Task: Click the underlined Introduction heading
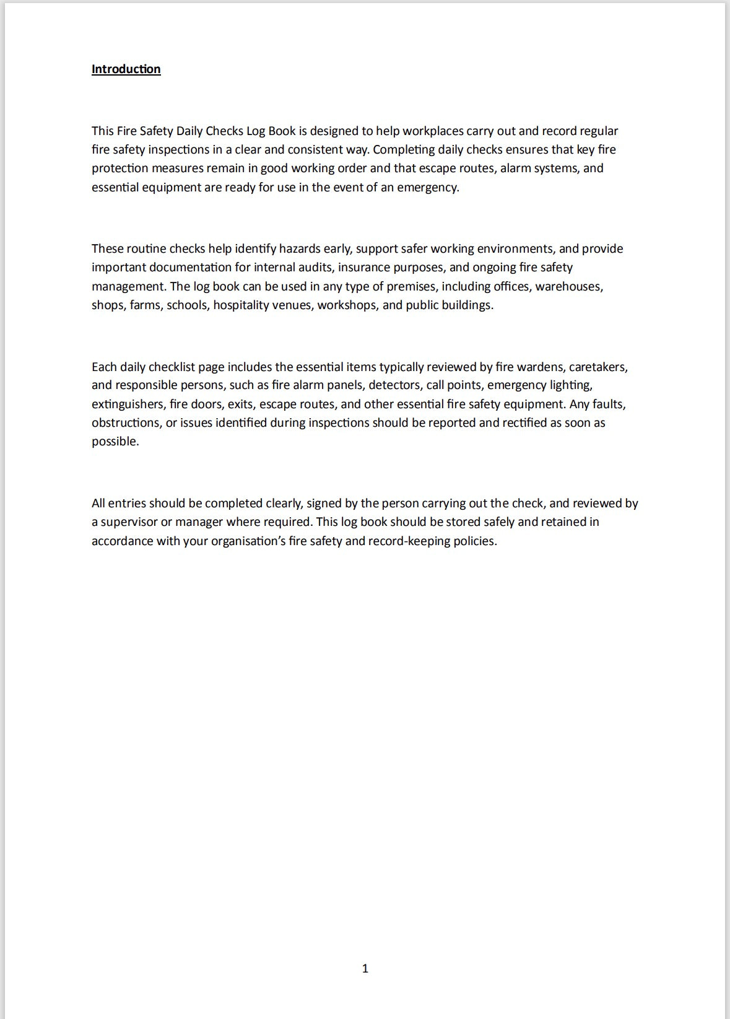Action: (x=126, y=69)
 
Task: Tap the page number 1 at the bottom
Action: (x=365, y=968)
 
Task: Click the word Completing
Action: (x=404, y=149)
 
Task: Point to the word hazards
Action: (x=300, y=248)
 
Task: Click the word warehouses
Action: (x=569, y=286)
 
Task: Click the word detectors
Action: (x=394, y=385)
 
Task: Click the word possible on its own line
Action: (x=115, y=441)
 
